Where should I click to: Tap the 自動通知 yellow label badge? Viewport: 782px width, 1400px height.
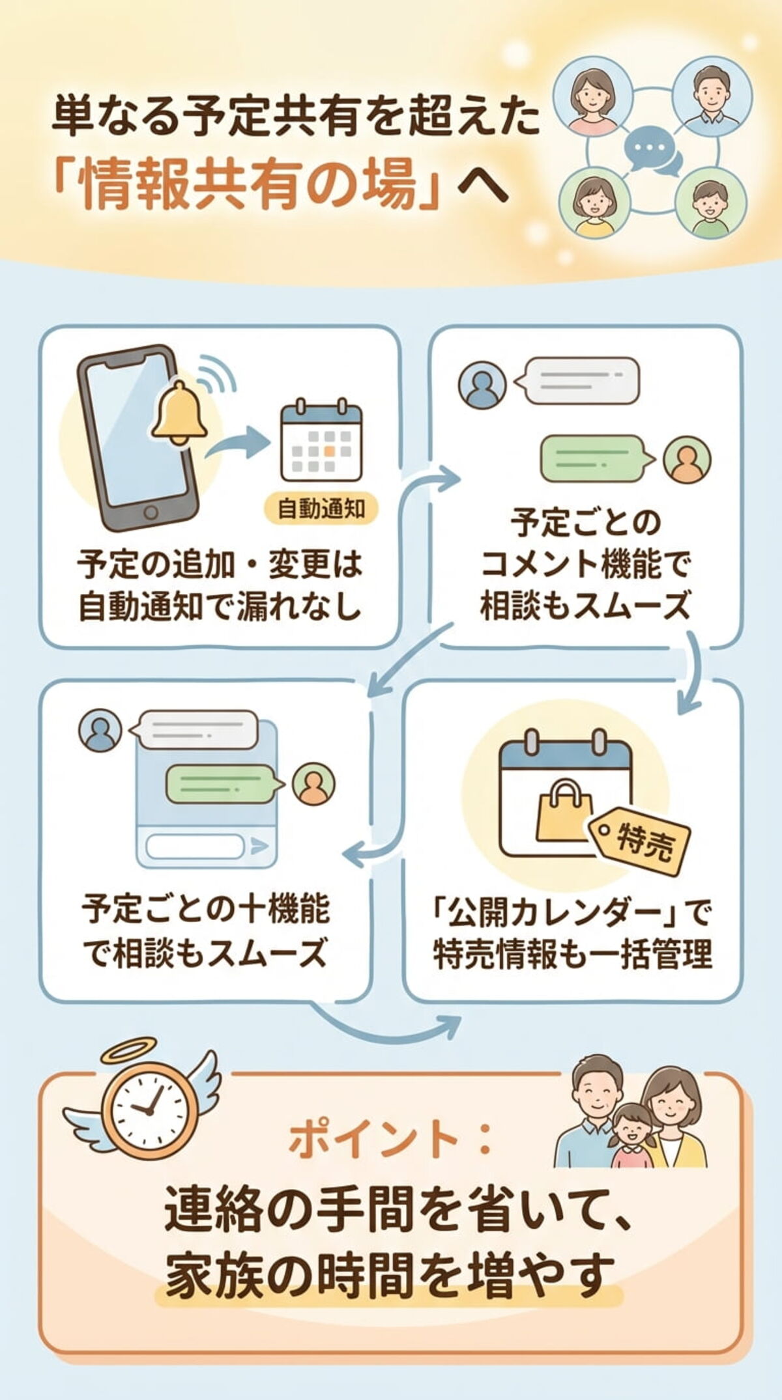pos(321,509)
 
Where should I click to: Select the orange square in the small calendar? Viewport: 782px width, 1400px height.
pos(330,450)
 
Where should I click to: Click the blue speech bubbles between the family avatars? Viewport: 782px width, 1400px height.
pos(652,152)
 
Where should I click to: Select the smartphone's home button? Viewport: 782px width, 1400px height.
pos(151,511)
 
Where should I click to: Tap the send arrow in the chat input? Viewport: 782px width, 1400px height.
pos(259,847)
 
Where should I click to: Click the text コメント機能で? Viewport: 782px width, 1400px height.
pos(585,565)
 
